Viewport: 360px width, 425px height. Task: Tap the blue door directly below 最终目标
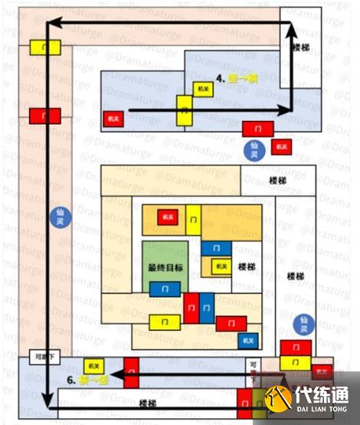(161, 289)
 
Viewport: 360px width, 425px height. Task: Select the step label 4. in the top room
(220, 78)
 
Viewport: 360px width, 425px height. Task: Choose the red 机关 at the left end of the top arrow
(113, 119)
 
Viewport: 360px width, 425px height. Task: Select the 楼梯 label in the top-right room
(301, 47)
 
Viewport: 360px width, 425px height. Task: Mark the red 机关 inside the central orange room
(168, 217)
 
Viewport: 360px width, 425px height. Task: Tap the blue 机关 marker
(247, 339)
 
